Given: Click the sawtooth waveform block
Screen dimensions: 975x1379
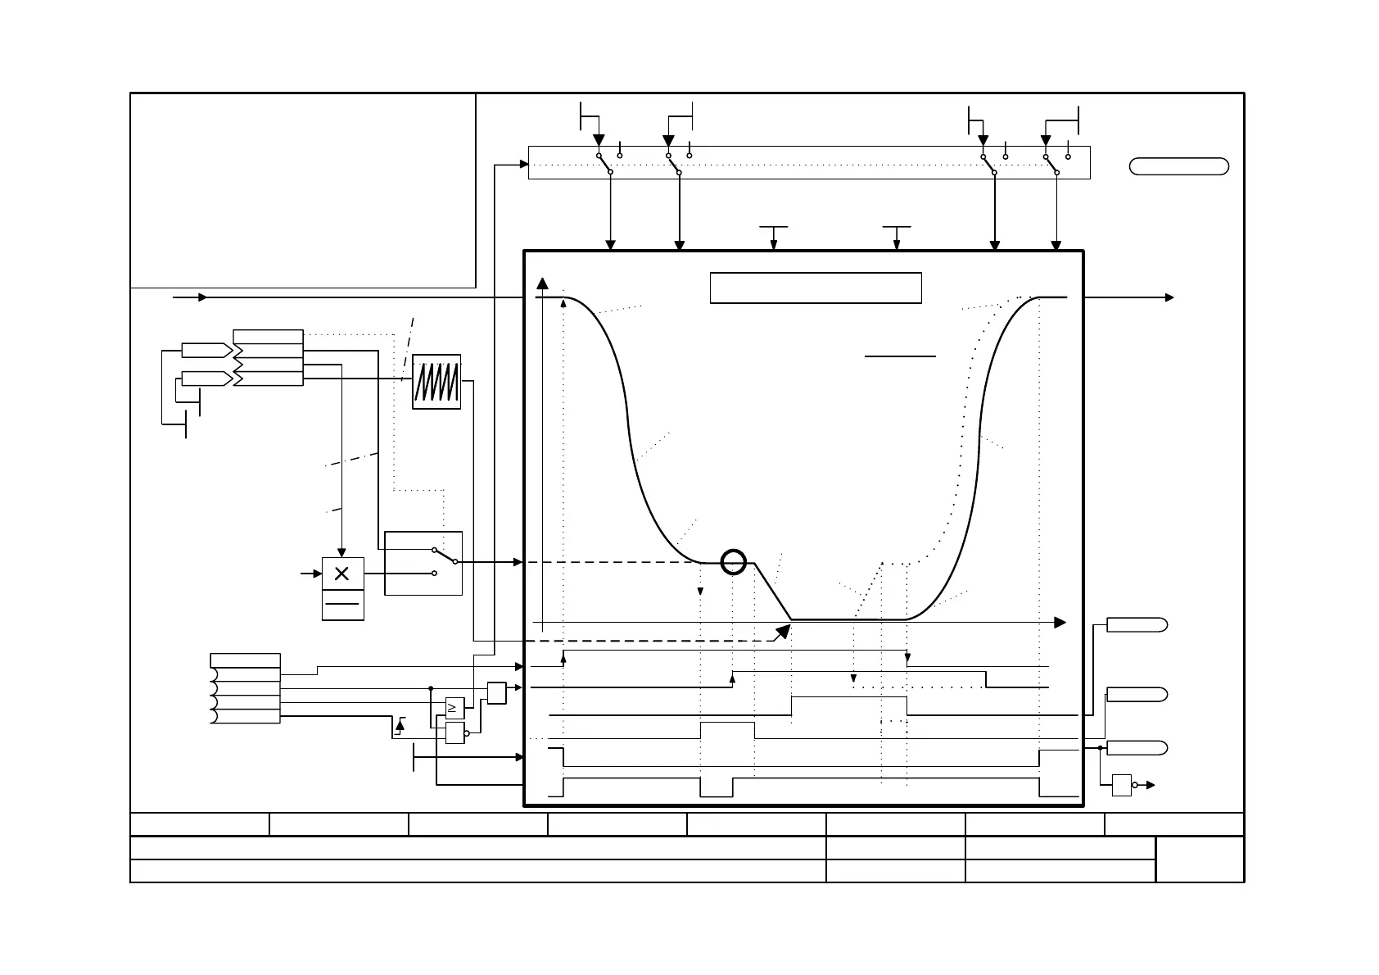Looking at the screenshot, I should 436,382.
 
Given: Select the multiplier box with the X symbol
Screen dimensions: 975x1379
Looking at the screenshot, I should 342,574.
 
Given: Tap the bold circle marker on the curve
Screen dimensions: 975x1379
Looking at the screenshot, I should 733,562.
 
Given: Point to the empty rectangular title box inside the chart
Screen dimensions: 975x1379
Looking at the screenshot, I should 816,288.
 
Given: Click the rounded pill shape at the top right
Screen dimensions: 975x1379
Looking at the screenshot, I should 1178,166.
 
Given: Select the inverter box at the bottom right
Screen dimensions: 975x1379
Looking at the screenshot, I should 1122,785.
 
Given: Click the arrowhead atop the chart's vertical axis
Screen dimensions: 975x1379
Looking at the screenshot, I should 541,283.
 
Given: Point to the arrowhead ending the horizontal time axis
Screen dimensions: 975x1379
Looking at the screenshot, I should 1060,623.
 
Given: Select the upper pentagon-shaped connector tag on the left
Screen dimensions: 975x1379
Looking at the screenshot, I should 206,351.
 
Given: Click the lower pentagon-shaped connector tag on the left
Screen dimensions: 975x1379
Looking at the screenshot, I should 206,378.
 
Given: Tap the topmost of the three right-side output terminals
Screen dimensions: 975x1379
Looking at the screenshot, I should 1137,625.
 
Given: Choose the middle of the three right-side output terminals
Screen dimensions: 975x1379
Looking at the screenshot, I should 1137,695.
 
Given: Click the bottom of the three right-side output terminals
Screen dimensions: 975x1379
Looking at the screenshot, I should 1137,747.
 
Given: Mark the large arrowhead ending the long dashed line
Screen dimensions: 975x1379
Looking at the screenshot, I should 784,631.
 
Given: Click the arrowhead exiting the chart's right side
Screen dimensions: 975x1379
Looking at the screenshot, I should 1170,297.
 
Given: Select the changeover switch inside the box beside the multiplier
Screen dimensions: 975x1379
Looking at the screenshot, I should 445,556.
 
